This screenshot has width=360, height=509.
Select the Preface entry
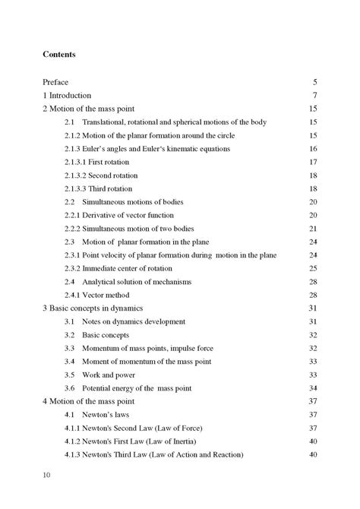point(58,82)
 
